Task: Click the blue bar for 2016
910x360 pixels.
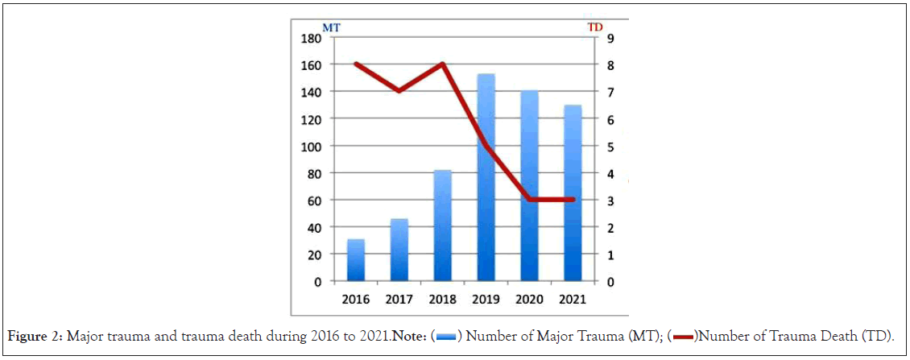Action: pos(356,260)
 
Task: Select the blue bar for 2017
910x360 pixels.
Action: pos(398,250)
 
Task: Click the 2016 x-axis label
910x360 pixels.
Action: pos(356,298)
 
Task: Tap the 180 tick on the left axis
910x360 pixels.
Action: pos(311,37)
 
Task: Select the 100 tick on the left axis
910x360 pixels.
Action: pos(311,146)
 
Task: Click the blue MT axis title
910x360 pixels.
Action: pos(331,27)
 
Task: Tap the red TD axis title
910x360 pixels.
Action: pos(595,27)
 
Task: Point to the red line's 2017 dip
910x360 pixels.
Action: pos(398,91)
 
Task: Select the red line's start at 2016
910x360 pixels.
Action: pos(356,64)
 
